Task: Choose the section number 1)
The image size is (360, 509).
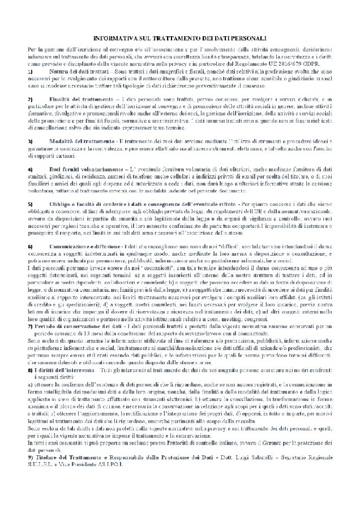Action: [30, 72]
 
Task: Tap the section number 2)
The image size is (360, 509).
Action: [30, 100]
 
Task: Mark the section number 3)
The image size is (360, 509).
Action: [30, 139]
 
